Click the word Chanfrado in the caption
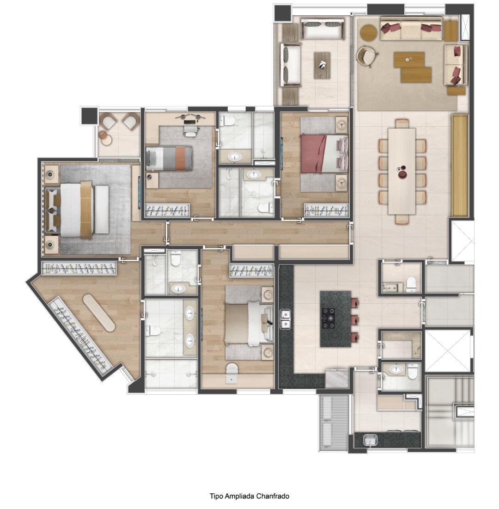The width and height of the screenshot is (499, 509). pyautogui.click(x=273, y=496)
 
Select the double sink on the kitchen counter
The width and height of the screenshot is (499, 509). pyautogui.click(x=285, y=319)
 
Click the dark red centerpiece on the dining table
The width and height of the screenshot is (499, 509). pyautogui.click(x=402, y=172)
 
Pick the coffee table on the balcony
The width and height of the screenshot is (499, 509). pyautogui.click(x=322, y=65)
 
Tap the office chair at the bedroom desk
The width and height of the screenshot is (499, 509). pyautogui.click(x=190, y=129)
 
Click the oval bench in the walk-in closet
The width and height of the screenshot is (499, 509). pyautogui.click(x=99, y=312)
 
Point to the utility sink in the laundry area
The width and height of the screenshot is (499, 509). pyautogui.click(x=370, y=440)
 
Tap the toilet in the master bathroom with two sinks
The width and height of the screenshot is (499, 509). pyautogui.click(x=153, y=331)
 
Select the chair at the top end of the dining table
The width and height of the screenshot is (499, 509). pyautogui.click(x=402, y=124)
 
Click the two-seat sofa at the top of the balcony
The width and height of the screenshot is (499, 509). pyautogui.click(x=323, y=29)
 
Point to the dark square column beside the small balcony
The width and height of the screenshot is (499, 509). pyautogui.click(x=89, y=116)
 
